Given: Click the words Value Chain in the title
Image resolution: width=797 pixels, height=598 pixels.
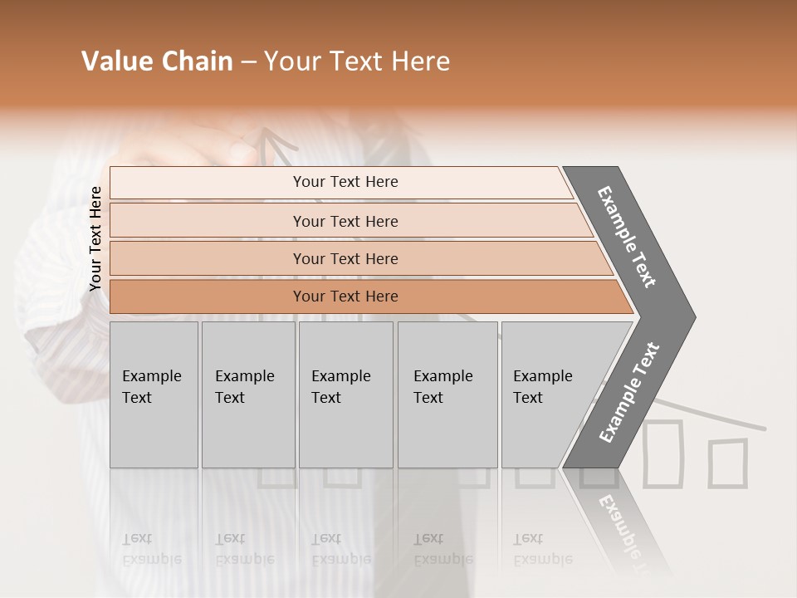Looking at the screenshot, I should [x=157, y=61].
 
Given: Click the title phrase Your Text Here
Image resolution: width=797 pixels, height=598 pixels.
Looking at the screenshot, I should [x=357, y=61].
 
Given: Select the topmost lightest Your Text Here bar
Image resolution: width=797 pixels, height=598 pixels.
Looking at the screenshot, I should [x=345, y=182].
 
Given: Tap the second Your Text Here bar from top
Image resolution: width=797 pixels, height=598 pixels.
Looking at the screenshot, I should [x=345, y=221].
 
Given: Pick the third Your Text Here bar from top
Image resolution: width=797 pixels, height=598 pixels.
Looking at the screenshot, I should [x=345, y=258].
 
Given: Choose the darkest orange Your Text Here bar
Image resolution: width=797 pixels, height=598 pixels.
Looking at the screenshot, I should [x=345, y=297].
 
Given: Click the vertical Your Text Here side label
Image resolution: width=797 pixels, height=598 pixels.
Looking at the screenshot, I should [x=95, y=239].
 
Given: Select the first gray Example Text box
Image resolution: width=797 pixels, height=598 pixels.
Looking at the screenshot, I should [x=154, y=395].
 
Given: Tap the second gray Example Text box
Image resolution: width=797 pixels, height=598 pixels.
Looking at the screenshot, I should [x=247, y=395].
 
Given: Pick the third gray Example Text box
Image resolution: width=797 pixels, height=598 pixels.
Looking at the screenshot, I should [x=345, y=395].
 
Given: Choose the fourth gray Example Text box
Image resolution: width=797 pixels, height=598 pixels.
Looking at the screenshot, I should [x=447, y=395].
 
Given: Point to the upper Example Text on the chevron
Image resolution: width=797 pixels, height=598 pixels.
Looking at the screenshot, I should [x=628, y=237].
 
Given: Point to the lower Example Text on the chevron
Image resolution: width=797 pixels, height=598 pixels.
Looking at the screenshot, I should [x=629, y=392].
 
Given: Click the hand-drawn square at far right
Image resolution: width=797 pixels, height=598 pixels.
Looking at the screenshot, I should [x=727, y=463].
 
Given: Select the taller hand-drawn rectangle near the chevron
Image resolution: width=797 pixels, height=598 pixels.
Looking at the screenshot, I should [x=663, y=453].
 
